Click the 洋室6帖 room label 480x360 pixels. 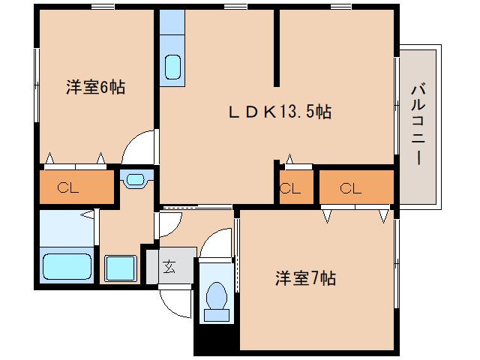pyautogui.click(x=95, y=88)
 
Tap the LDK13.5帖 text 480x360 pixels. pyautogui.click(x=280, y=112)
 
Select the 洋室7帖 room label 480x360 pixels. pyautogui.click(x=304, y=279)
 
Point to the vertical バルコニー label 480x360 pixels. pyautogui.click(x=418, y=127)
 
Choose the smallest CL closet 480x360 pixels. pyautogui.click(x=289, y=188)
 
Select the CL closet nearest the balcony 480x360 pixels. pyautogui.click(x=351, y=188)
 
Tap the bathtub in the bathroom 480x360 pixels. pyautogui.click(x=67, y=266)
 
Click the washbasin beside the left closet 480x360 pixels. pyautogui.click(x=135, y=179)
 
